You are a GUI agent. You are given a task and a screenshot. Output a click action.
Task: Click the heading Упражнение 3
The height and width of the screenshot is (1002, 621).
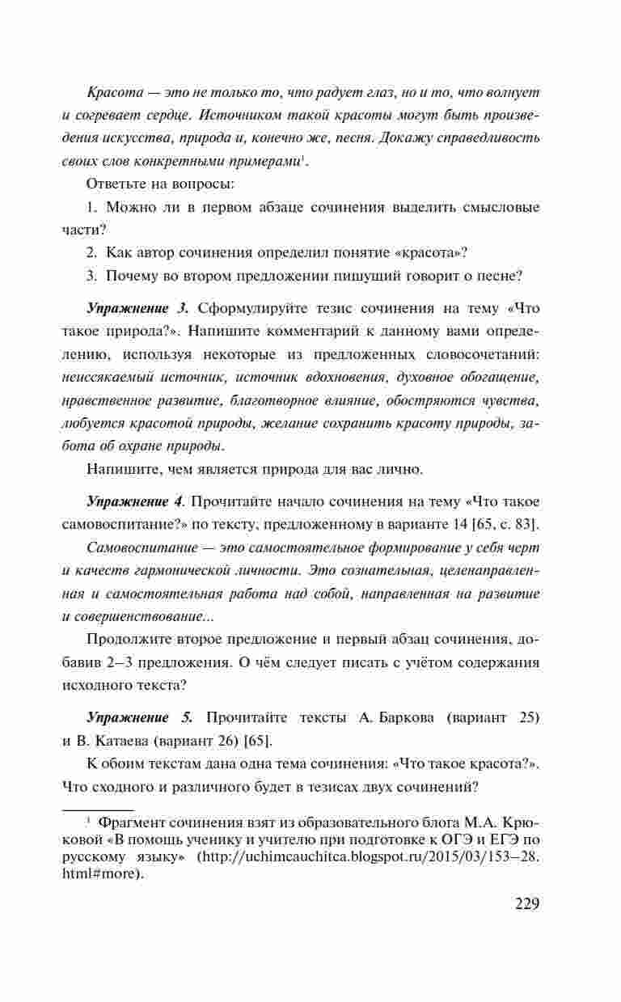pos(137,308)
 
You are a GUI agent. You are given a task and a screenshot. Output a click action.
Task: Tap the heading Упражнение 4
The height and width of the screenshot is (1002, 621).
pos(136,501)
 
